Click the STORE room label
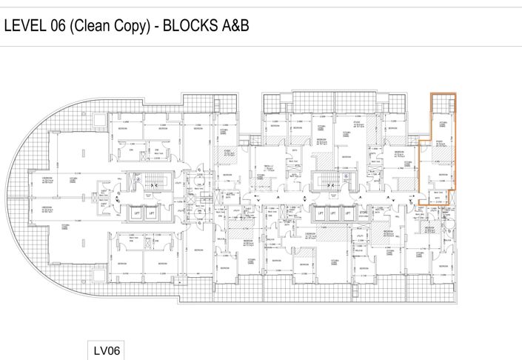362,213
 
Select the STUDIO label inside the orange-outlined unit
438,141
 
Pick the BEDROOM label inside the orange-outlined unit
442,175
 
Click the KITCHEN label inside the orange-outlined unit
444,124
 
